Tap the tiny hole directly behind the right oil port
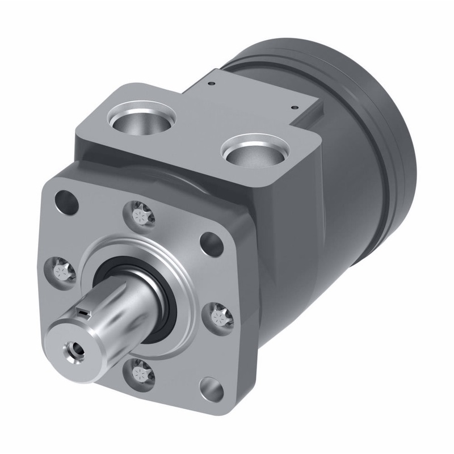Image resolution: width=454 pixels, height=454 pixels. [294, 106]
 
